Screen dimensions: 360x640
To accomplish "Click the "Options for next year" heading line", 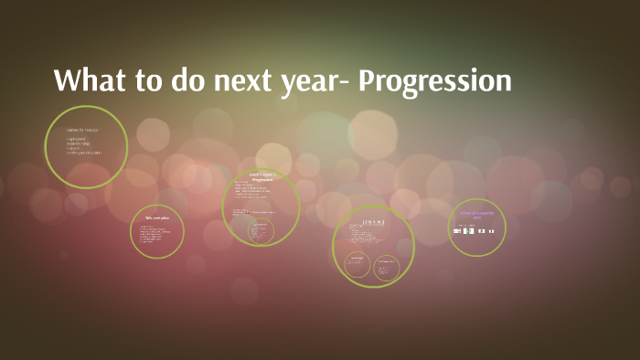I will click(x=82, y=131).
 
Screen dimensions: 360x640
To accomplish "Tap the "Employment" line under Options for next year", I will click(x=76, y=139).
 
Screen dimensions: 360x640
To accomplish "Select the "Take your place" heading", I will click(x=156, y=218).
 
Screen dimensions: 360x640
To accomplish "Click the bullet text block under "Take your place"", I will click(x=155, y=234).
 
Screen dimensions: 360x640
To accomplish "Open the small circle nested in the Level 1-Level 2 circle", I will click(x=261, y=232).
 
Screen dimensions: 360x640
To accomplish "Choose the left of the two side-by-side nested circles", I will click(x=357, y=266).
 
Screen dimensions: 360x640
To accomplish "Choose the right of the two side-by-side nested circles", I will click(x=387, y=266).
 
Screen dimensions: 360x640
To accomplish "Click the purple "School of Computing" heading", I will click(x=476, y=215).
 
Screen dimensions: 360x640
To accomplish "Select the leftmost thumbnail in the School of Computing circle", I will click(x=456, y=231).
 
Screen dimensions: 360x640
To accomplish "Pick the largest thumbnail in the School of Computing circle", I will click(x=468, y=231).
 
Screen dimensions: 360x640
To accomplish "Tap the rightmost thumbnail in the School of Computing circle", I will click(x=491, y=231).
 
